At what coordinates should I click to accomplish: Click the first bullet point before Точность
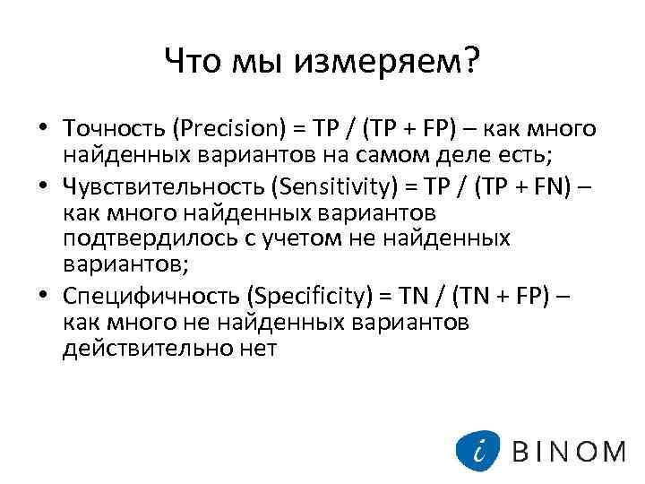[42, 129]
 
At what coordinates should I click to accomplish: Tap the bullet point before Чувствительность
[42, 186]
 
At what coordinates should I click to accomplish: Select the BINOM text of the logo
[569, 450]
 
